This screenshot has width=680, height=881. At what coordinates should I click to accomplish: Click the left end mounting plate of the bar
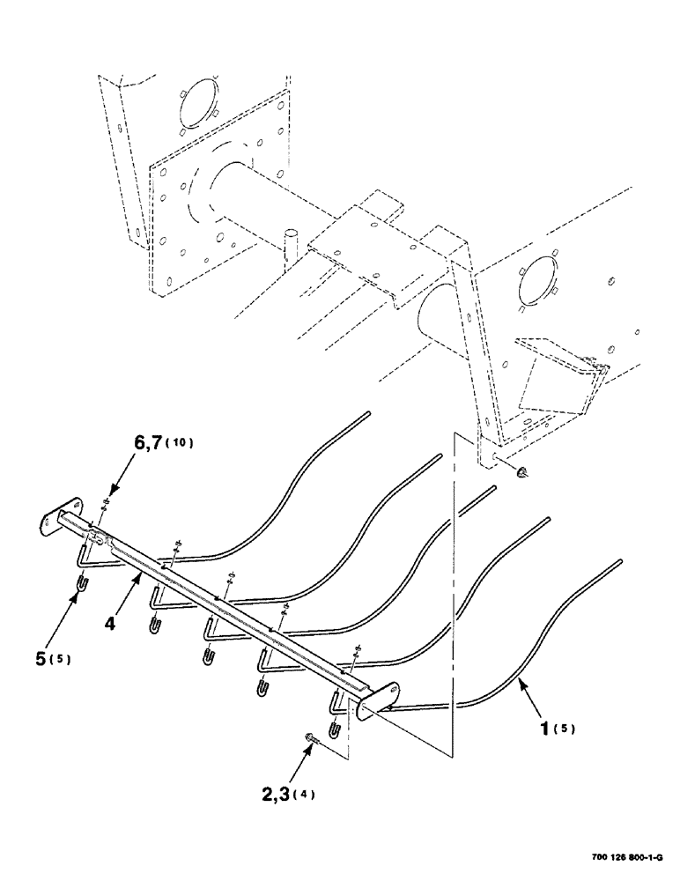pyautogui.click(x=56, y=520)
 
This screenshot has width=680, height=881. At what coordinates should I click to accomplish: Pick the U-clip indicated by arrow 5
pyautogui.click(x=78, y=585)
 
